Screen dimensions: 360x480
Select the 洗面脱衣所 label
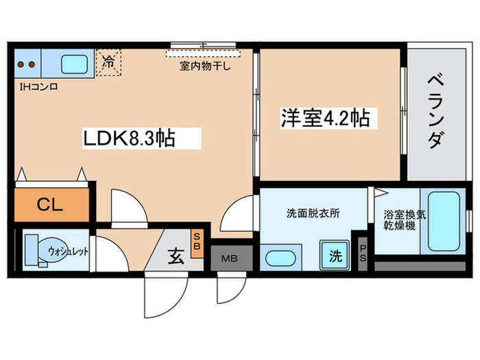click(313, 213)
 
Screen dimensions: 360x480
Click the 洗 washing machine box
click(335, 257)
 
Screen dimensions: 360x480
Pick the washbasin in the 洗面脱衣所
click(279, 259)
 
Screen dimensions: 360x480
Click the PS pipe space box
click(363, 253)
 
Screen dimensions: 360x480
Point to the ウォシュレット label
click(68, 251)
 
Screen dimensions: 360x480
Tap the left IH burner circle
click(21, 65)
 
